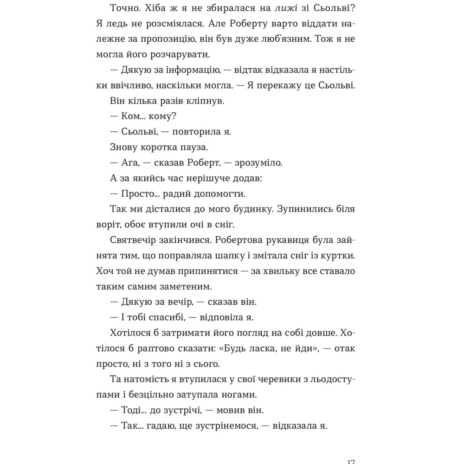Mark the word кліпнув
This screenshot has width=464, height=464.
pyautogui.click(x=209, y=101)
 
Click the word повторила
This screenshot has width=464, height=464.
pyautogui.click(x=197, y=131)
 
